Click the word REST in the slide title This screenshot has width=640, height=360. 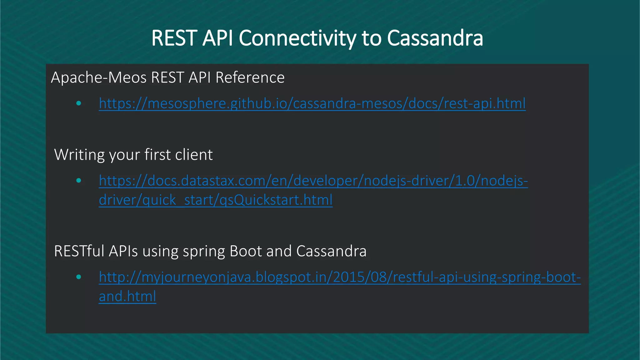[174, 38]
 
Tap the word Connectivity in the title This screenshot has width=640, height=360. [297, 38]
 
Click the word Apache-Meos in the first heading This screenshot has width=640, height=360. [99, 77]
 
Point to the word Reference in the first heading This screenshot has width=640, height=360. [250, 77]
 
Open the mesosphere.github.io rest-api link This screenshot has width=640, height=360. [312, 103]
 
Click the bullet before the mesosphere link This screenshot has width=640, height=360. [79, 103]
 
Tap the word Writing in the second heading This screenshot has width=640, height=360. [79, 155]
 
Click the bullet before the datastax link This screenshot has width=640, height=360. [79, 181]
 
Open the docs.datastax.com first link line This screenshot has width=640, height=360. [313, 181]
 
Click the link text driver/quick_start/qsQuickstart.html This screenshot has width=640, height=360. [216, 200]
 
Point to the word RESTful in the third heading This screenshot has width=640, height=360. [79, 251]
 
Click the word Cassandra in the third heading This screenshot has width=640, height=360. [331, 251]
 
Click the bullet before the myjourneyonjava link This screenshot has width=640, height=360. [79, 277]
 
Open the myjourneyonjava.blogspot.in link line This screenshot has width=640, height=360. [340, 277]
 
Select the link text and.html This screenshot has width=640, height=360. [127, 296]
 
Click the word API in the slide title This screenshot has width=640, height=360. [217, 38]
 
